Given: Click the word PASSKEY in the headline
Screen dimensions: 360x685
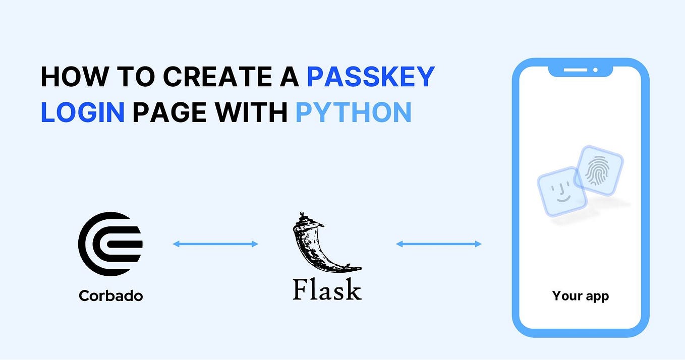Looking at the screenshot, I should point(371,77).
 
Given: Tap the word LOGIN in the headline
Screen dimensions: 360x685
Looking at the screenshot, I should point(82,113).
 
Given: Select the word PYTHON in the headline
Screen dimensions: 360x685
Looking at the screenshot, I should point(353,113).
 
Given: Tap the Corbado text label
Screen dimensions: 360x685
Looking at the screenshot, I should point(110,295).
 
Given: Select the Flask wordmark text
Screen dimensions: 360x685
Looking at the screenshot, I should point(327,290).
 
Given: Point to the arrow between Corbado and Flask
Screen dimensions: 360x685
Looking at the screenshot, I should point(215,244).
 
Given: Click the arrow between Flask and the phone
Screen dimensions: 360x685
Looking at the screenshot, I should point(438,244).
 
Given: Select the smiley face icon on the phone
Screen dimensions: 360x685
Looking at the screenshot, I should point(561,192).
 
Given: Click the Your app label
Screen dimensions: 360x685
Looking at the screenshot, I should point(580,295).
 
